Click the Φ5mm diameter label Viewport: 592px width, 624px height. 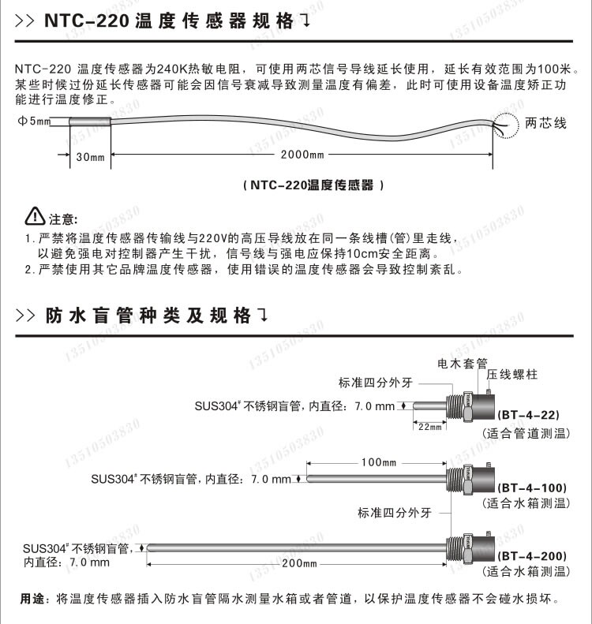tap(34, 121)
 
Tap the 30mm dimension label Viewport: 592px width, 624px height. tap(90, 156)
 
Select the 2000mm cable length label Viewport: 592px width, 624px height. tap(302, 155)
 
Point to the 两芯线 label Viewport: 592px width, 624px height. tap(546, 124)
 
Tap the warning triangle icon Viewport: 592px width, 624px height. tap(36, 215)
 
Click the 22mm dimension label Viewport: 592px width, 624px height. tap(429, 428)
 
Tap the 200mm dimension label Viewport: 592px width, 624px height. tap(298, 564)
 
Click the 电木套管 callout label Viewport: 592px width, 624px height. tap(463, 364)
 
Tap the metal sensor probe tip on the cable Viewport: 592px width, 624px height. tap(89, 123)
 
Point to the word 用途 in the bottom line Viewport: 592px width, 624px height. tap(31, 600)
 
